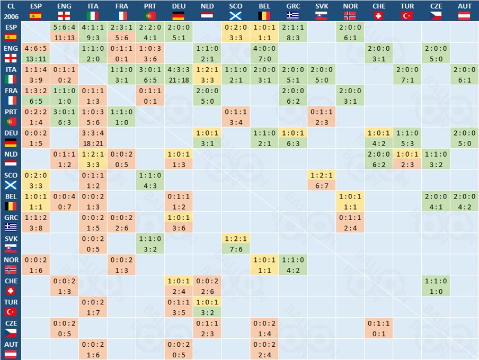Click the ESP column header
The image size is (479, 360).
(x=36, y=6)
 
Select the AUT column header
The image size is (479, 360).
(x=465, y=6)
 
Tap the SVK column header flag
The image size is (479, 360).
(x=322, y=16)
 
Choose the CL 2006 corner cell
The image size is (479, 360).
(x=11, y=11)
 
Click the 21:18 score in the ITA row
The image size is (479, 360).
(x=179, y=79)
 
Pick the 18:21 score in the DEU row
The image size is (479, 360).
(x=93, y=143)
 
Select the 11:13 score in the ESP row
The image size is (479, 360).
(x=64, y=38)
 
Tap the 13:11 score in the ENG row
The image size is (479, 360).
(x=36, y=58)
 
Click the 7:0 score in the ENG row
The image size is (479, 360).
(x=264, y=58)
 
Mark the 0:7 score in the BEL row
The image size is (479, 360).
(x=64, y=206)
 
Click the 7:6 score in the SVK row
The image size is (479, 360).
(x=236, y=249)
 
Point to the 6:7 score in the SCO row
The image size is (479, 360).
(x=322, y=185)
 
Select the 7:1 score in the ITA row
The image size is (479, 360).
(x=407, y=79)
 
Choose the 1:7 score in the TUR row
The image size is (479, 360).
(x=93, y=312)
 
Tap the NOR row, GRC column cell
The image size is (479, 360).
(x=293, y=265)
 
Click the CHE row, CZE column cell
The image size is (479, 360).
(x=436, y=286)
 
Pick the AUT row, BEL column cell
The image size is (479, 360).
(x=264, y=349)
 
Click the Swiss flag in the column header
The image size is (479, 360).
(x=379, y=16)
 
